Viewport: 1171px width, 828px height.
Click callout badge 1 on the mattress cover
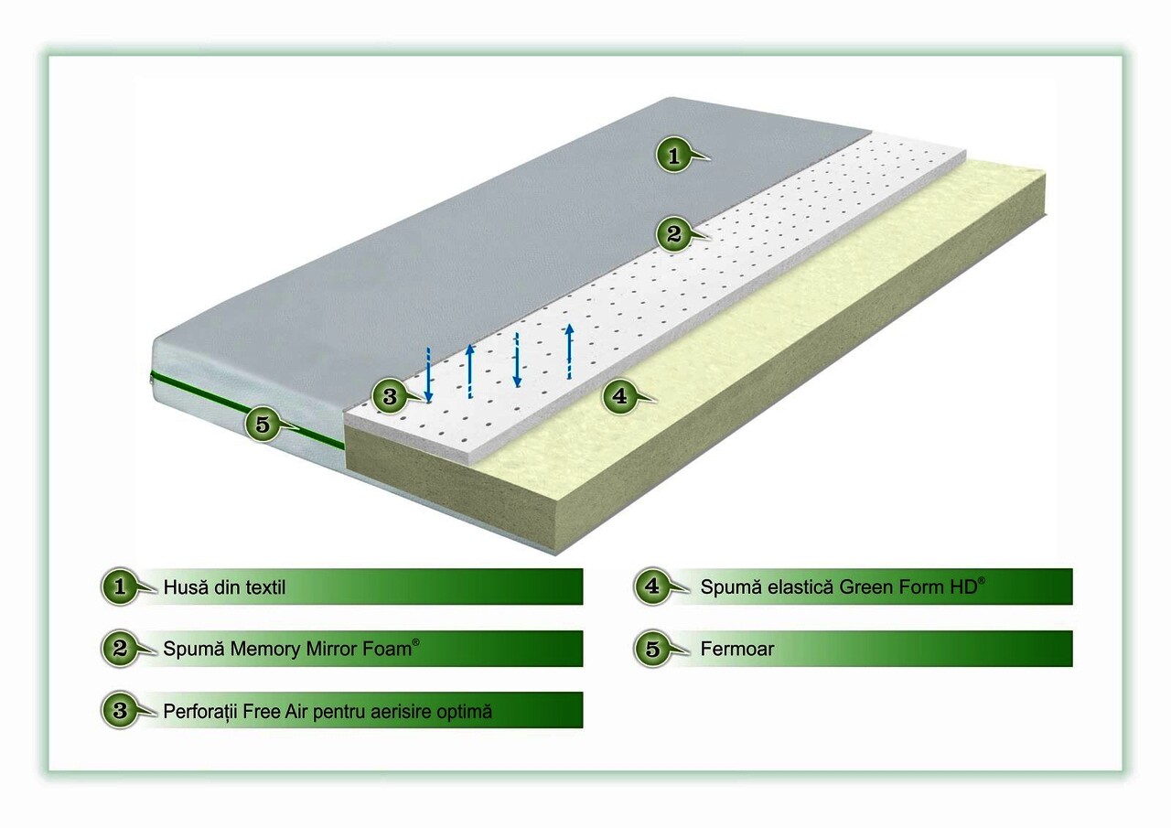pos(674,155)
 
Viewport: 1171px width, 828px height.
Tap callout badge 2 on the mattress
pos(674,234)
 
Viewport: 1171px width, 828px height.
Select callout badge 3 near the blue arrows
pos(390,396)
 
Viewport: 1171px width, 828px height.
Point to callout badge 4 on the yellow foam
pos(619,396)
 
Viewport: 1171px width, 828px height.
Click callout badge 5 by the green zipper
pos(263,424)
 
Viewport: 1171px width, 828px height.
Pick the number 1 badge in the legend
pos(120,586)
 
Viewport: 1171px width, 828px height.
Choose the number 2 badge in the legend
pos(120,648)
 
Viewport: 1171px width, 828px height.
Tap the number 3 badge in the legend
pos(120,710)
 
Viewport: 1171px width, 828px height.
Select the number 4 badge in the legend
pos(652,586)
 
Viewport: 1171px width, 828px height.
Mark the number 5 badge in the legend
pos(652,649)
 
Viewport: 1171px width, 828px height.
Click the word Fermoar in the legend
pos(737,649)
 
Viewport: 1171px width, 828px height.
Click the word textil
pos(265,587)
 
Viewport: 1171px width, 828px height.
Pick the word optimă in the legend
pos(465,713)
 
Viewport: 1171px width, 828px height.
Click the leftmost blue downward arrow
pos(428,375)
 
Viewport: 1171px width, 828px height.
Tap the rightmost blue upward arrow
pos(569,351)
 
